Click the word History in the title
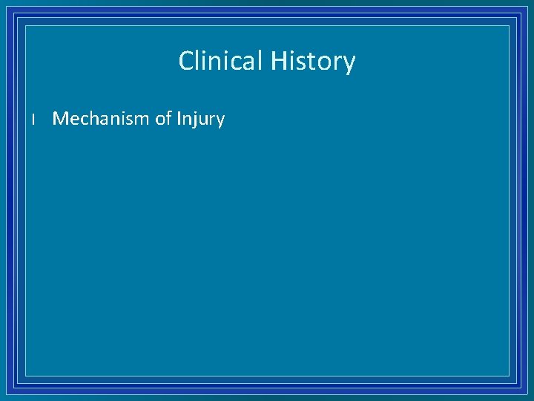(312, 61)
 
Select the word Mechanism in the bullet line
(101, 119)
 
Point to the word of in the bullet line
(163, 119)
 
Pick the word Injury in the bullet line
(200, 120)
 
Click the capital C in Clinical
(187, 61)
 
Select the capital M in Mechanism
(61, 119)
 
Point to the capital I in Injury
(179, 119)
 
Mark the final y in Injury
(220, 122)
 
